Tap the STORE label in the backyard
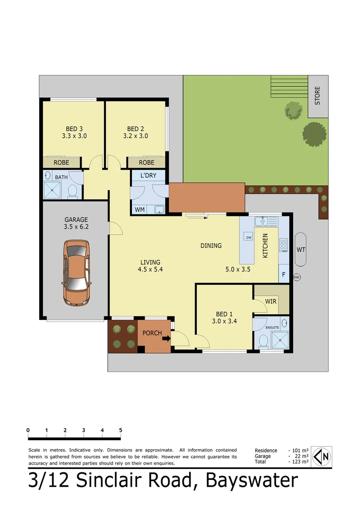pyautogui.click(x=317, y=95)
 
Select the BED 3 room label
pyautogui.click(x=74, y=129)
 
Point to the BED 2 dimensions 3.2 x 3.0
pyautogui.click(x=135, y=136)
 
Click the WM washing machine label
pyautogui.click(x=140, y=209)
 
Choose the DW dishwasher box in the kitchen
pyautogui.click(x=249, y=237)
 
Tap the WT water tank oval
pyautogui.click(x=301, y=249)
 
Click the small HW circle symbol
pyautogui.click(x=296, y=278)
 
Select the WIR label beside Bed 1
pyautogui.click(x=270, y=301)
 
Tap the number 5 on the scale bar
pyautogui.click(x=121, y=430)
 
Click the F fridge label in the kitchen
pyautogui.click(x=283, y=273)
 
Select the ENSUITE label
pyautogui.click(x=272, y=327)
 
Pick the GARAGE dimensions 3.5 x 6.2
pyautogui.click(x=76, y=227)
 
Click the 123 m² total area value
pyautogui.click(x=299, y=462)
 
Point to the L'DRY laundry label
pyautogui.click(x=147, y=175)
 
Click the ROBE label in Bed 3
pyautogui.click(x=61, y=162)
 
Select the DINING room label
pyautogui.click(x=211, y=246)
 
